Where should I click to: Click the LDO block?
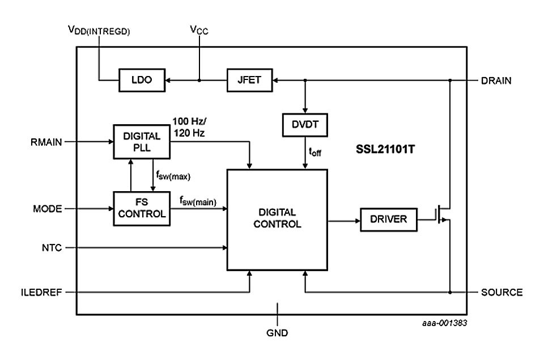(141, 81)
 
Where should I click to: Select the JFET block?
(249, 81)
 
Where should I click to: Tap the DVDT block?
(305, 125)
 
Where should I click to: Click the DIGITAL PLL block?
(141, 141)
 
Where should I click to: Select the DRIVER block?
(388, 219)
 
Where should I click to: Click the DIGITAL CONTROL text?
(277, 218)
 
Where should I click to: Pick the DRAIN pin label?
(496, 81)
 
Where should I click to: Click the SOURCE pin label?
(501, 293)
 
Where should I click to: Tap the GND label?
(277, 333)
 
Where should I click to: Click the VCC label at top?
(199, 30)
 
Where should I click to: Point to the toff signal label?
(313, 152)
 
